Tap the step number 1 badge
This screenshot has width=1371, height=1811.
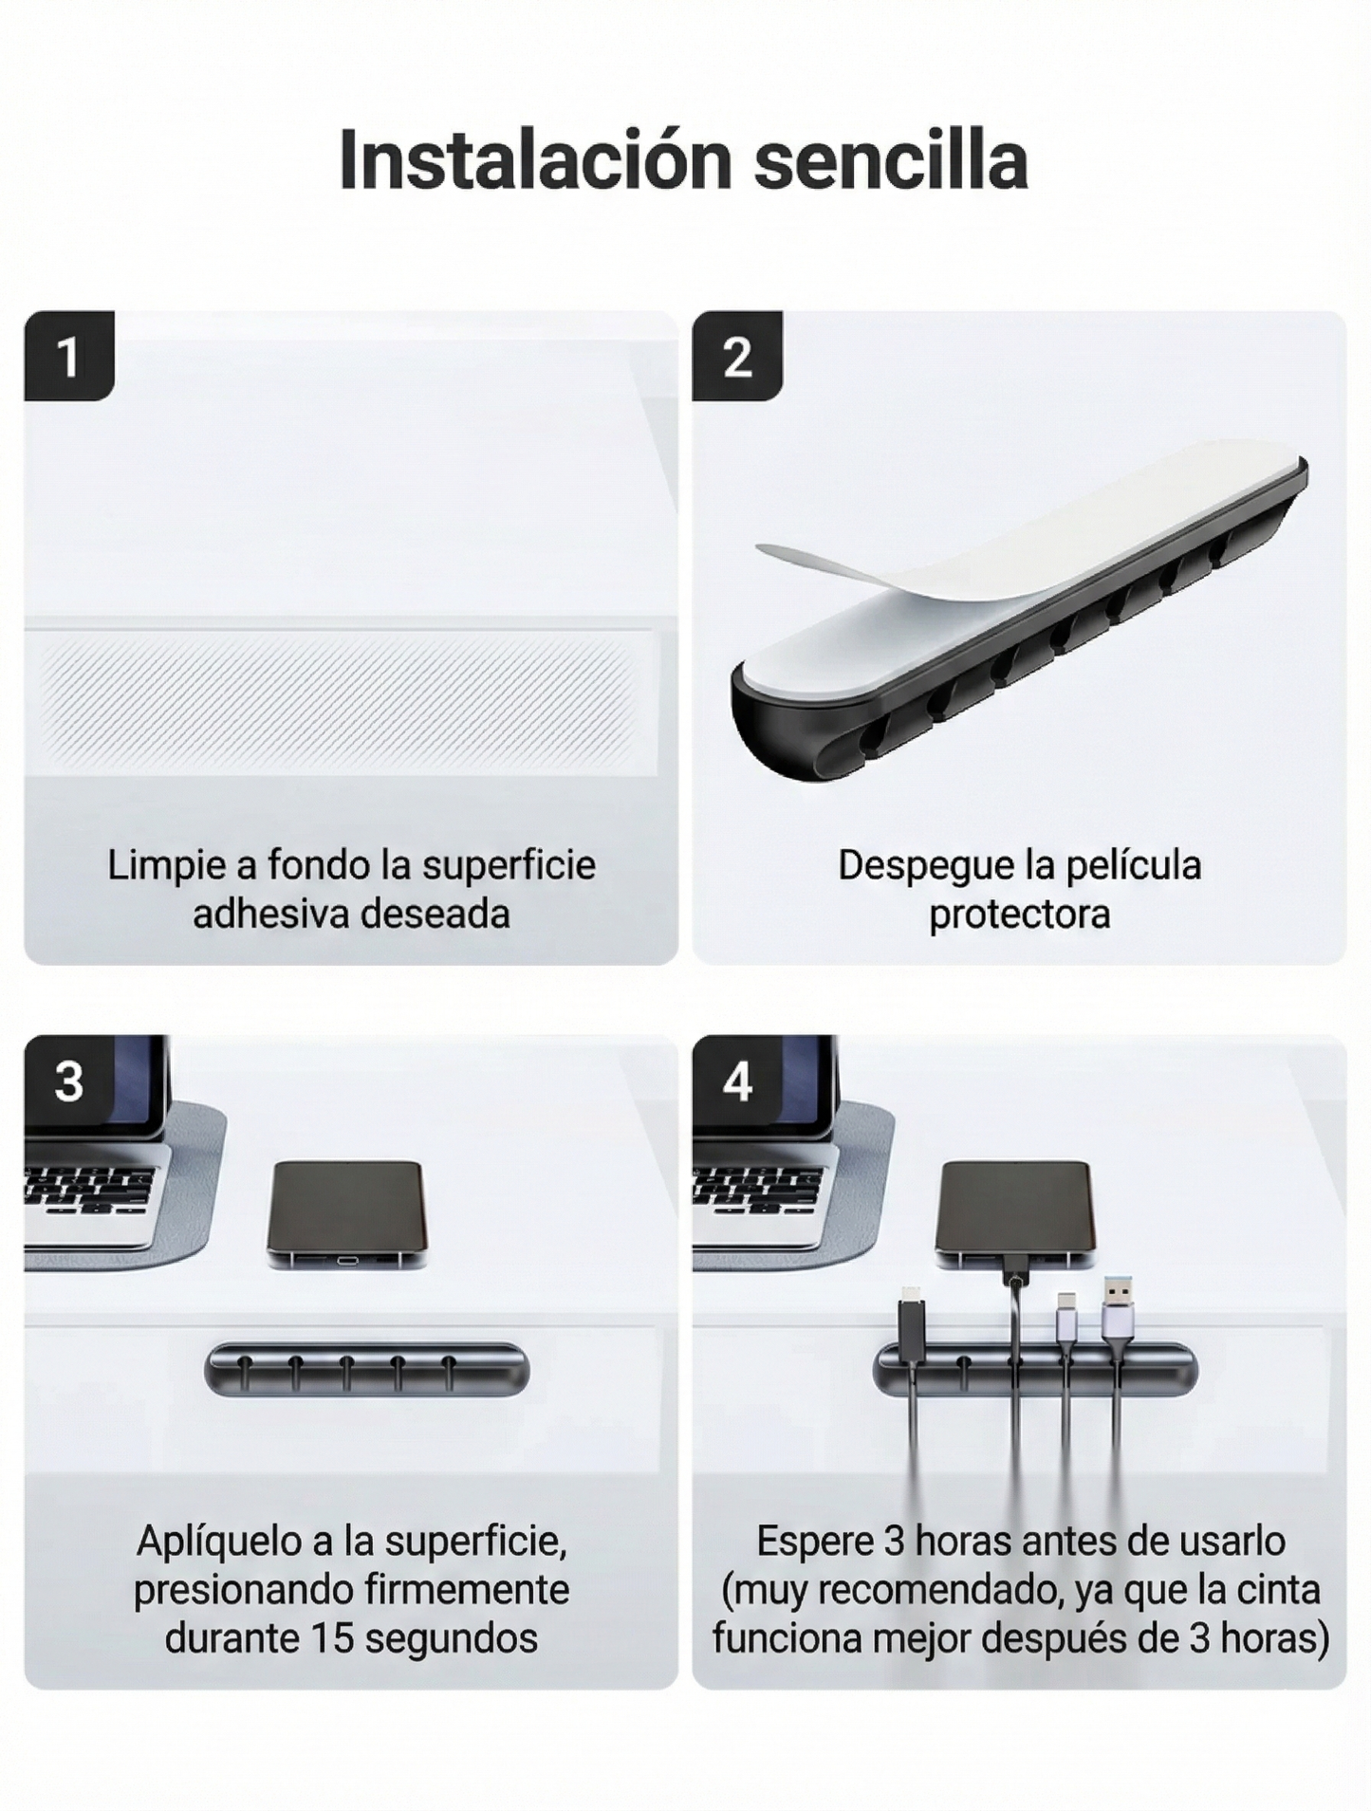68,356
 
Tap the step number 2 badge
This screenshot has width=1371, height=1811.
737,356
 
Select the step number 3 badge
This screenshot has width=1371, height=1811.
68,1081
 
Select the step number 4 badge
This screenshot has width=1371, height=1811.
737,1081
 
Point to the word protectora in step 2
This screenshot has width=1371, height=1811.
1019,915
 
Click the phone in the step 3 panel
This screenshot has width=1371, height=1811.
346,1211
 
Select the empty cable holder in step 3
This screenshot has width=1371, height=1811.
366,1369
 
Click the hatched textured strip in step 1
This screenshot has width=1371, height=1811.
337,702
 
